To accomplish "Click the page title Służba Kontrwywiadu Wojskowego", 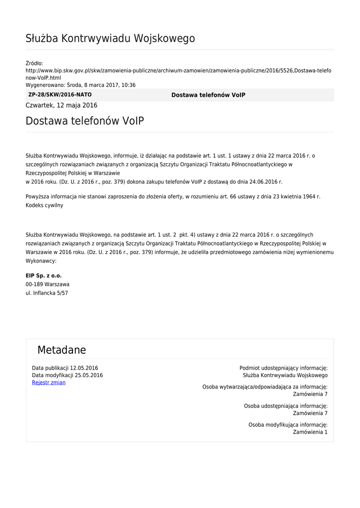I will [110, 39].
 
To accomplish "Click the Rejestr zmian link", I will [49, 382].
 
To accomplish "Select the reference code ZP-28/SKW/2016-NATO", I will [60, 95].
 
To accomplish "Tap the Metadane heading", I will [62, 350].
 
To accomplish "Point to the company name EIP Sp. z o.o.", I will [44, 275].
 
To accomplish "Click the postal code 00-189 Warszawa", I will [48, 284].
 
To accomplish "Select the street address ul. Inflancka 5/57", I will [47, 293].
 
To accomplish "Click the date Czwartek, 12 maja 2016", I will [62, 105].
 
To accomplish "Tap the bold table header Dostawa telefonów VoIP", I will [208, 95].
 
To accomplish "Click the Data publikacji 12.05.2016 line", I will [65, 368].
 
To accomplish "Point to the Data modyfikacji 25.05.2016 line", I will [68, 376].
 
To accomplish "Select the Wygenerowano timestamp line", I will [80, 85].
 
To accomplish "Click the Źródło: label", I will [34, 63].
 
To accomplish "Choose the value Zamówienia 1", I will [310, 432].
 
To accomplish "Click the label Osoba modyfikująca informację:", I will [288, 425].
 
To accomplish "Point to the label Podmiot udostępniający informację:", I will [283, 368].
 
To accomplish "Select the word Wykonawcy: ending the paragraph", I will [41, 260].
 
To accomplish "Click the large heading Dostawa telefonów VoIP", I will [85, 121].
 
